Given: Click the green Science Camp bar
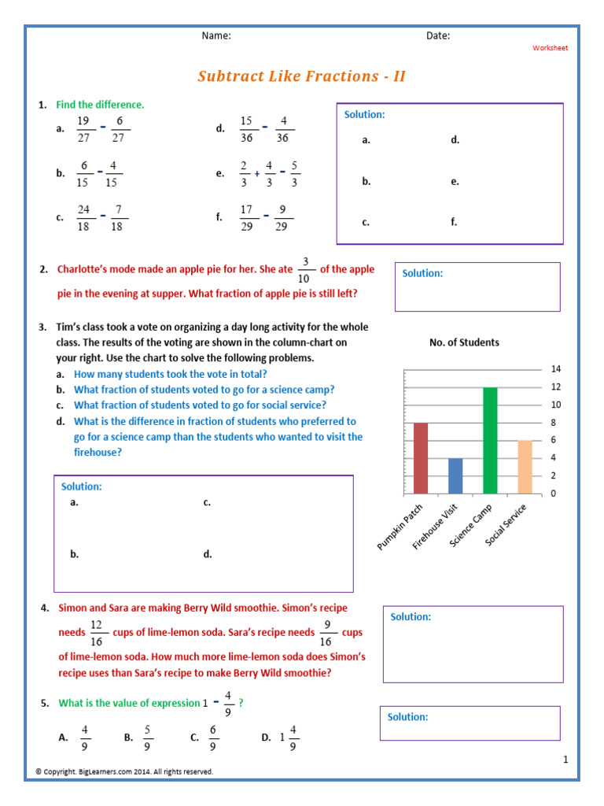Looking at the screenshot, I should [x=490, y=441].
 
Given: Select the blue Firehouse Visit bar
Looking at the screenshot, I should [x=455, y=476].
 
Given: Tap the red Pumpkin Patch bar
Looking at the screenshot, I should [x=421, y=458].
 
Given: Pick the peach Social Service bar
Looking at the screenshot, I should [x=525, y=467].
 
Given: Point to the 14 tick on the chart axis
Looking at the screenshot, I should [x=555, y=369].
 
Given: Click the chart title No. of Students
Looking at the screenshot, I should [x=464, y=342].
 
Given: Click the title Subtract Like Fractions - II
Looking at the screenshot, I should [x=301, y=76].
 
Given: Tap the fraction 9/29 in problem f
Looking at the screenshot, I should [x=284, y=218].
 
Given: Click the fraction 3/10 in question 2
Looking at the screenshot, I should [x=306, y=270].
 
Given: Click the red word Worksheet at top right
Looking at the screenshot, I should [x=550, y=48].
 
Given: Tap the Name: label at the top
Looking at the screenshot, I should [x=216, y=35].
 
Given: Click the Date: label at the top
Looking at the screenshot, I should [x=438, y=35].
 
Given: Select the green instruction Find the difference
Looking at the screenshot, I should [x=100, y=104].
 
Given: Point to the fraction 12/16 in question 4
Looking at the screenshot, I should [x=97, y=632].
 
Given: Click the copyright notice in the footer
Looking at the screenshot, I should [x=124, y=771].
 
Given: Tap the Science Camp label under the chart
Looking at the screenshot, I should [x=472, y=525].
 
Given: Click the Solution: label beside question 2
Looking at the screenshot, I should [x=422, y=273].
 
